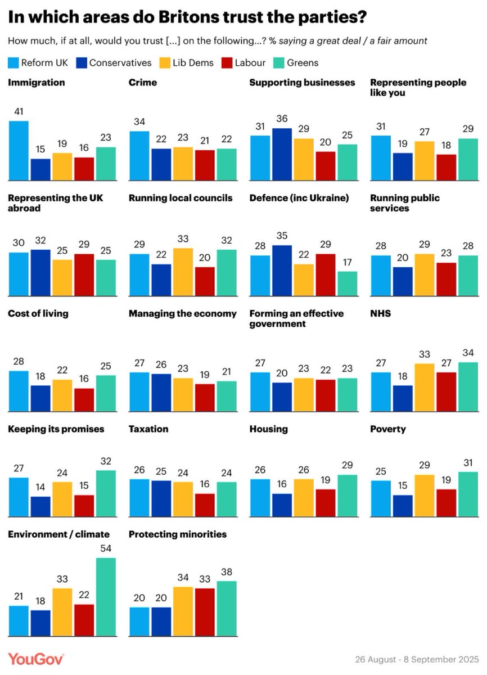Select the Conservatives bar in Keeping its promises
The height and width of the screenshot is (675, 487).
[x=40, y=507]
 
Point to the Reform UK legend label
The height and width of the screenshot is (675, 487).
[x=44, y=62]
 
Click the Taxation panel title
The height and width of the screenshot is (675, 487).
[x=148, y=429]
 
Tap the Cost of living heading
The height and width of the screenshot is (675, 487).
[x=38, y=313]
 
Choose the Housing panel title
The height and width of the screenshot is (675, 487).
[x=269, y=429]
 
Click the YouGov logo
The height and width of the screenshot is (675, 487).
[x=36, y=659]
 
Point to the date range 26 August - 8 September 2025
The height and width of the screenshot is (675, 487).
[x=417, y=659]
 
